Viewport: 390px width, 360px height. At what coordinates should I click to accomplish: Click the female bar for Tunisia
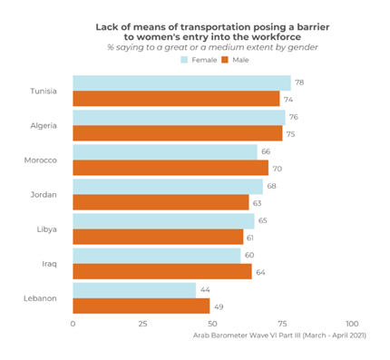click(x=181, y=83)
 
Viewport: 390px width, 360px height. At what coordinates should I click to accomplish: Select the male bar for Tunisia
click(x=176, y=99)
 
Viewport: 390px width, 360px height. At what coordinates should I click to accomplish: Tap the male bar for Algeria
click(x=177, y=133)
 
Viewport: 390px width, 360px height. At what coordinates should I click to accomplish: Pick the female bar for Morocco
click(x=165, y=151)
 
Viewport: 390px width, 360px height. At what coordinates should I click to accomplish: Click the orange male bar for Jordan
click(x=161, y=202)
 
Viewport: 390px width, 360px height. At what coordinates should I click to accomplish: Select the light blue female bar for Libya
click(x=163, y=220)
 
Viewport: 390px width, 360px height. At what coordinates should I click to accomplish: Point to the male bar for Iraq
click(x=161, y=271)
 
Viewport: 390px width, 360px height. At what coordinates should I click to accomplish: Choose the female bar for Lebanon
click(x=133, y=289)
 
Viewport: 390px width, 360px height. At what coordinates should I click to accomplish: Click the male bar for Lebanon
click(x=141, y=306)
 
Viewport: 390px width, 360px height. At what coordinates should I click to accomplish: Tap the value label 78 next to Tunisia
click(x=298, y=83)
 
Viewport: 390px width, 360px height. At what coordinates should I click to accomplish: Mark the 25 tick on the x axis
click(x=142, y=324)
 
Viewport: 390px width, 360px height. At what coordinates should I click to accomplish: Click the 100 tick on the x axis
click(x=352, y=324)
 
